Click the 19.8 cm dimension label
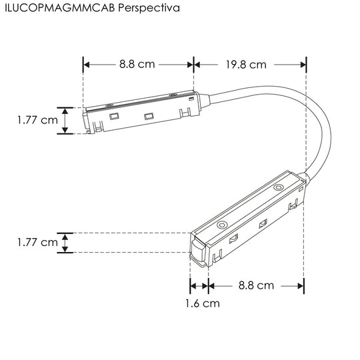(x=246, y=65)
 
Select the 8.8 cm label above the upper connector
(x=137, y=64)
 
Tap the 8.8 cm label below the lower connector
(x=256, y=285)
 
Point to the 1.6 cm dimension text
(x=203, y=303)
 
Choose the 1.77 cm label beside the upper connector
(x=37, y=120)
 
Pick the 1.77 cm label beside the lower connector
(x=37, y=243)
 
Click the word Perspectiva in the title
(x=149, y=8)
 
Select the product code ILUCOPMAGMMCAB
(x=60, y=8)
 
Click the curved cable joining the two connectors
(x=323, y=129)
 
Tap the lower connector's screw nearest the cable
(x=278, y=187)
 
